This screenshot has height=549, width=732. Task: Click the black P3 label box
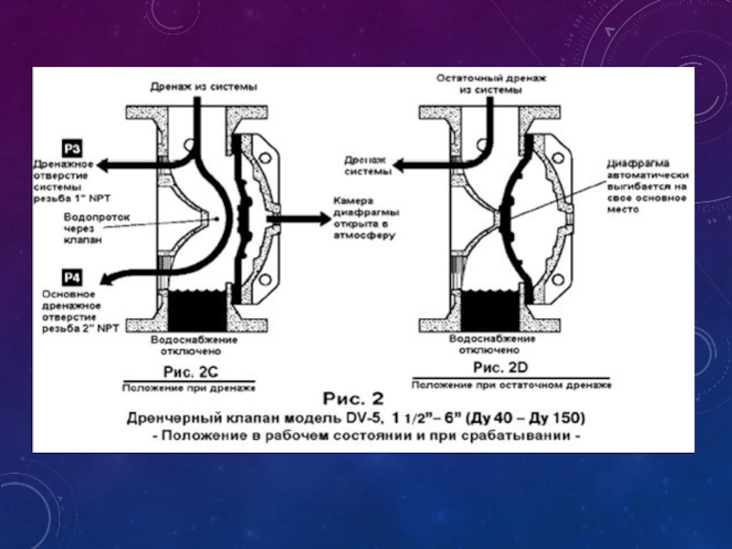click(x=72, y=146)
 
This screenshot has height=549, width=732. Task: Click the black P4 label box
click(x=72, y=275)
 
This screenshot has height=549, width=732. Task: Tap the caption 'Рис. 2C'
click(x=189, y=371)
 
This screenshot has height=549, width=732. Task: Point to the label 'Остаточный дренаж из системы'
click(x=491, y=85)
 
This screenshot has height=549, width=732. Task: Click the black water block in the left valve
click(x=198, y=308)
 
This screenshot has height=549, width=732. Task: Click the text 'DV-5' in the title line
click(x=361, y=417)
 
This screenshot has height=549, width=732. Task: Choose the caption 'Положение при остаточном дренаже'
click(x=511, y=382)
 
